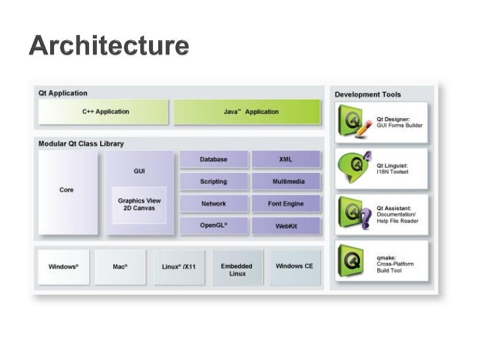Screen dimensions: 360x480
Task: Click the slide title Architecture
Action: (x=109, y=47)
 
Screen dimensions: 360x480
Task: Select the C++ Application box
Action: (x=105, y=112)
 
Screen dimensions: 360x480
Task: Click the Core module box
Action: (x=67, y=191)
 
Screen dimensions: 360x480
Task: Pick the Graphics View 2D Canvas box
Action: (x=139, y=204)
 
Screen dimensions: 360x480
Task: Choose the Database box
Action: (x=214, y=160)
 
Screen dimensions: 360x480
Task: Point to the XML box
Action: (x=285, y=160)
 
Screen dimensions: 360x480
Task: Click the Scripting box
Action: (x=214, y=181)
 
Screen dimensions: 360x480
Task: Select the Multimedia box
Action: (x=285, y=181)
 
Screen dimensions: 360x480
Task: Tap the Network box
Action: (x=214, y=204)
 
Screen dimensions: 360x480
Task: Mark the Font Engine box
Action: (x=285, y=204)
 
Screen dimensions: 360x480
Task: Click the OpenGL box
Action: (x=214, y=225)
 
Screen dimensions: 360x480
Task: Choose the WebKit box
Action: (x=285, y=226)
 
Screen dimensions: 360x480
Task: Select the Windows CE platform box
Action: (x=294, y=266)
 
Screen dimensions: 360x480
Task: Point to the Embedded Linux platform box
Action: (x=237, y=269)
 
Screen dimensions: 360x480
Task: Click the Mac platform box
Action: (x=120, y=267)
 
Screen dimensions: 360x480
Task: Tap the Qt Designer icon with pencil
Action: (x=353, y=123)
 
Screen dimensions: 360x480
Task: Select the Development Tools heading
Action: (x=368, y=94)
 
